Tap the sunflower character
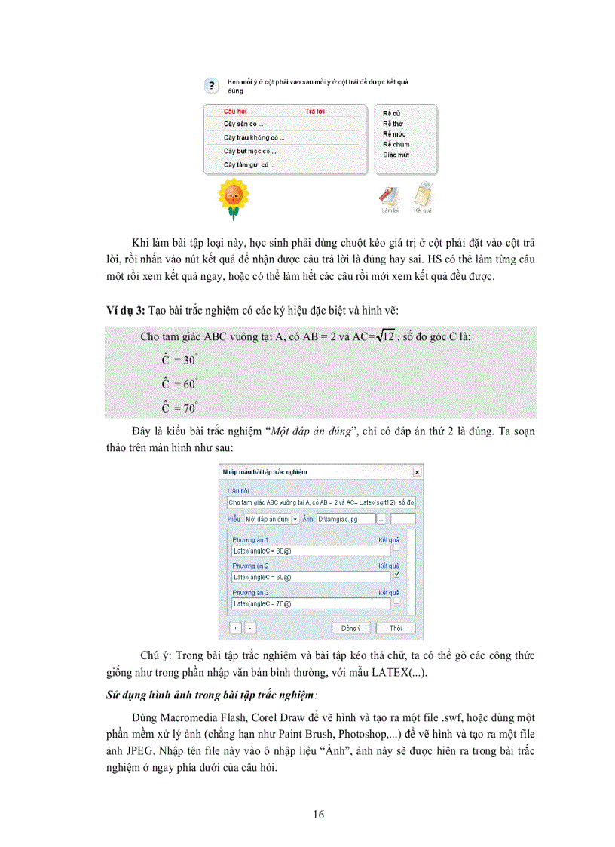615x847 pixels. point(233,198)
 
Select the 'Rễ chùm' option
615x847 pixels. point(396,144)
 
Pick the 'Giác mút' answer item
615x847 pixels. point(396,155)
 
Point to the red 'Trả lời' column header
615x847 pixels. point(314,112)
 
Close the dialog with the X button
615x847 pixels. point(417,471)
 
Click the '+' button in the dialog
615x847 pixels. point(235,628)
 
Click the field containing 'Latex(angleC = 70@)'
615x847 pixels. point(311,603)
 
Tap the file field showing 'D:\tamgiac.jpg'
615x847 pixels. point(345,520)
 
